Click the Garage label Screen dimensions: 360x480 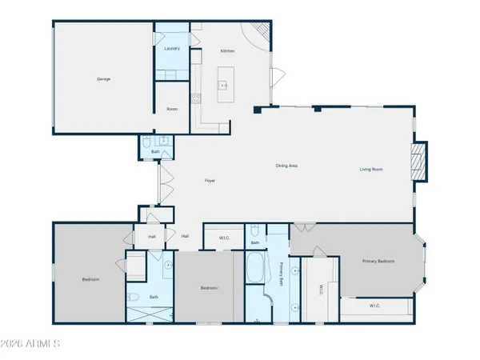click(x=103, y=79)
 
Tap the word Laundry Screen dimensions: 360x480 click(x=171, y=49)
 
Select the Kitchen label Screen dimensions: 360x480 click(x=227, y=51)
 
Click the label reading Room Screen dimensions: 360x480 click(x=171, y=109)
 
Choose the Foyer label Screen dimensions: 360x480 click(x=210, y=180)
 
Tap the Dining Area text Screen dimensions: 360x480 click(x=286, y=166)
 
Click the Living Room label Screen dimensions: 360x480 click(x=371, y=170)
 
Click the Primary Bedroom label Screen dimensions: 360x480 click(x=379, y=261)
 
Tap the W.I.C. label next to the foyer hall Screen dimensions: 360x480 click(x=225, y=238)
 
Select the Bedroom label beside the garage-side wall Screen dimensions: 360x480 click(x=90, y=279)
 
